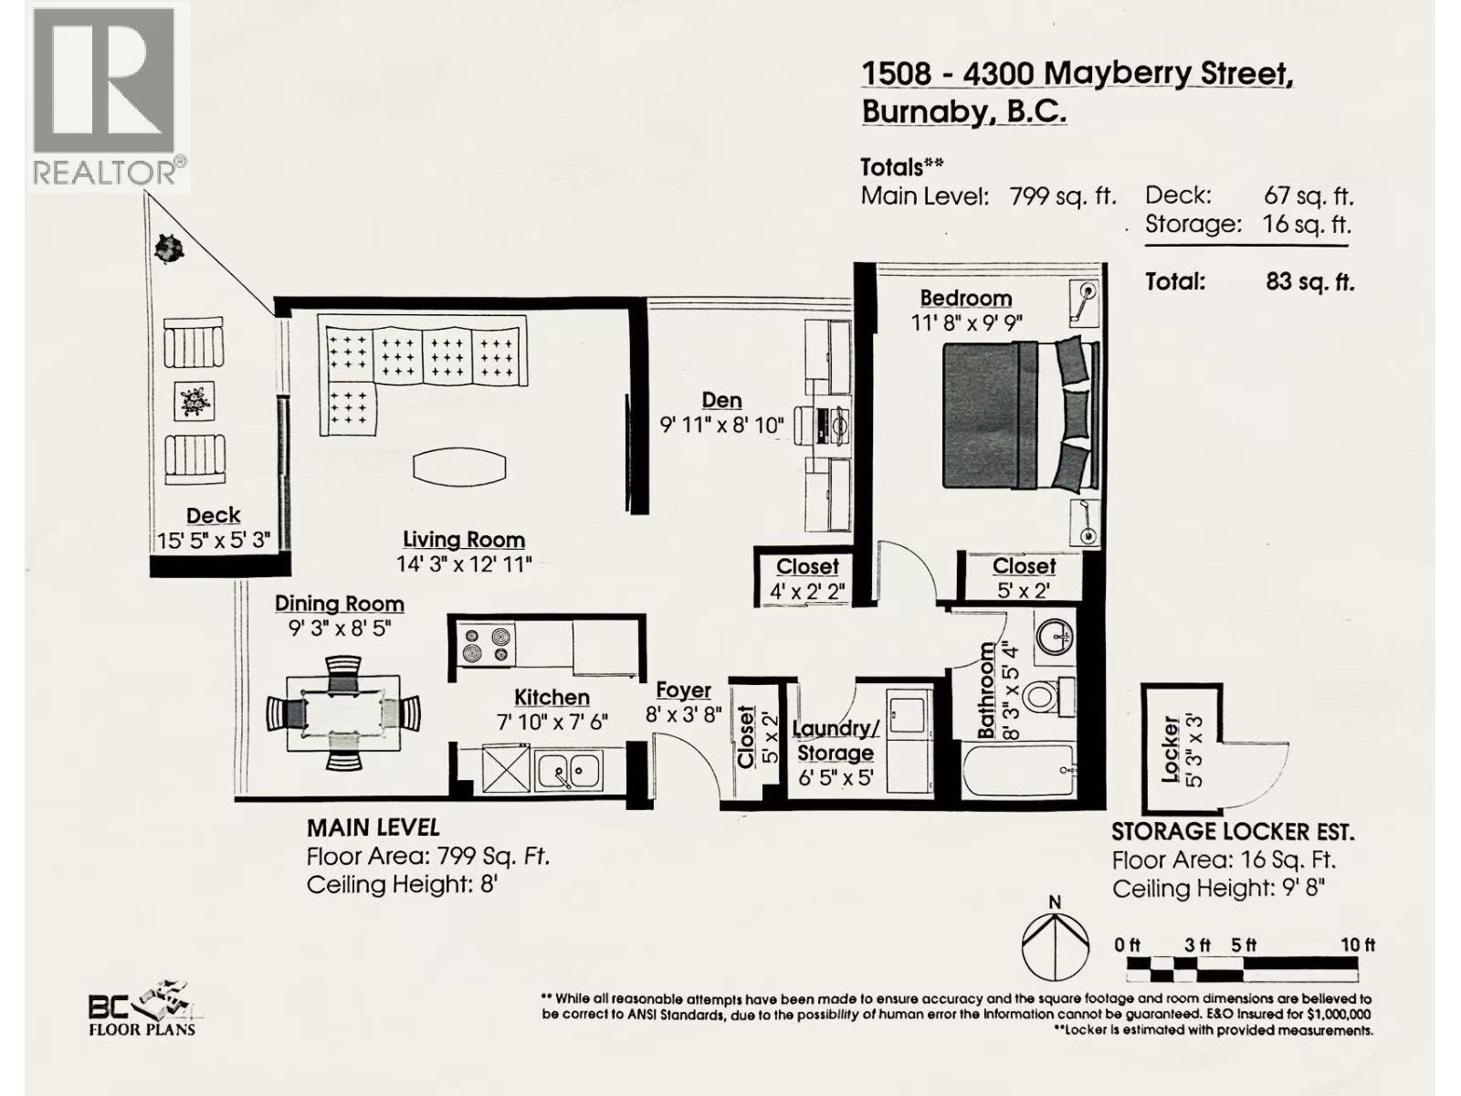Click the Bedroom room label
tap(965, 298)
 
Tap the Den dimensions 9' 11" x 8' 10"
tap(721, 425)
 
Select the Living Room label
tap(464, 540)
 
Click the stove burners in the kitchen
tap(485, 644)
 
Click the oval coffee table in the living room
tap(459, 467)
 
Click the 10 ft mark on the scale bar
tap(1357, 945)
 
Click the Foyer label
tap(683, 690)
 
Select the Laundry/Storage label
tap(835, 741)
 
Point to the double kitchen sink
tap(568, 772)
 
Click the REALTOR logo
tap(106, 95)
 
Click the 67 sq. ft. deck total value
tap(1308, 195)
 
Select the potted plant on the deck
tap(167, 247)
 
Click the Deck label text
tap(213, 515)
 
